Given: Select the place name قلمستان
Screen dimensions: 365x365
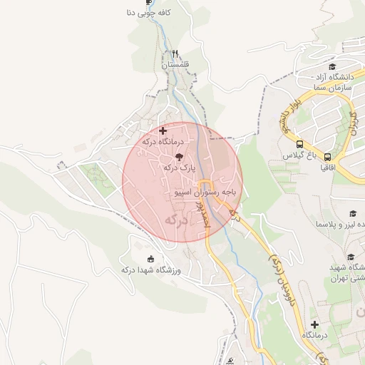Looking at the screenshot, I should point(174,65).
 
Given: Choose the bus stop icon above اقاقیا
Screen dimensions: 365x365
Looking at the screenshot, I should point(327,156).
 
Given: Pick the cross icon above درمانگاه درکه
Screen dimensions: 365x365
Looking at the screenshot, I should point(163,130).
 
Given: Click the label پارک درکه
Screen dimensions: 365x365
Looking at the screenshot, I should point(179,167).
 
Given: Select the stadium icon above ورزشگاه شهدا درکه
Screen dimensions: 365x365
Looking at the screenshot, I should point(150,258).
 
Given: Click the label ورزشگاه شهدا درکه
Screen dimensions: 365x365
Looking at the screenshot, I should point(150,269).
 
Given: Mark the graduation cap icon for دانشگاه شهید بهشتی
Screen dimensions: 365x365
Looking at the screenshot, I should point(351,257).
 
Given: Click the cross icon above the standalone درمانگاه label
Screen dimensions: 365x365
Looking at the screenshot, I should point(314,324).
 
